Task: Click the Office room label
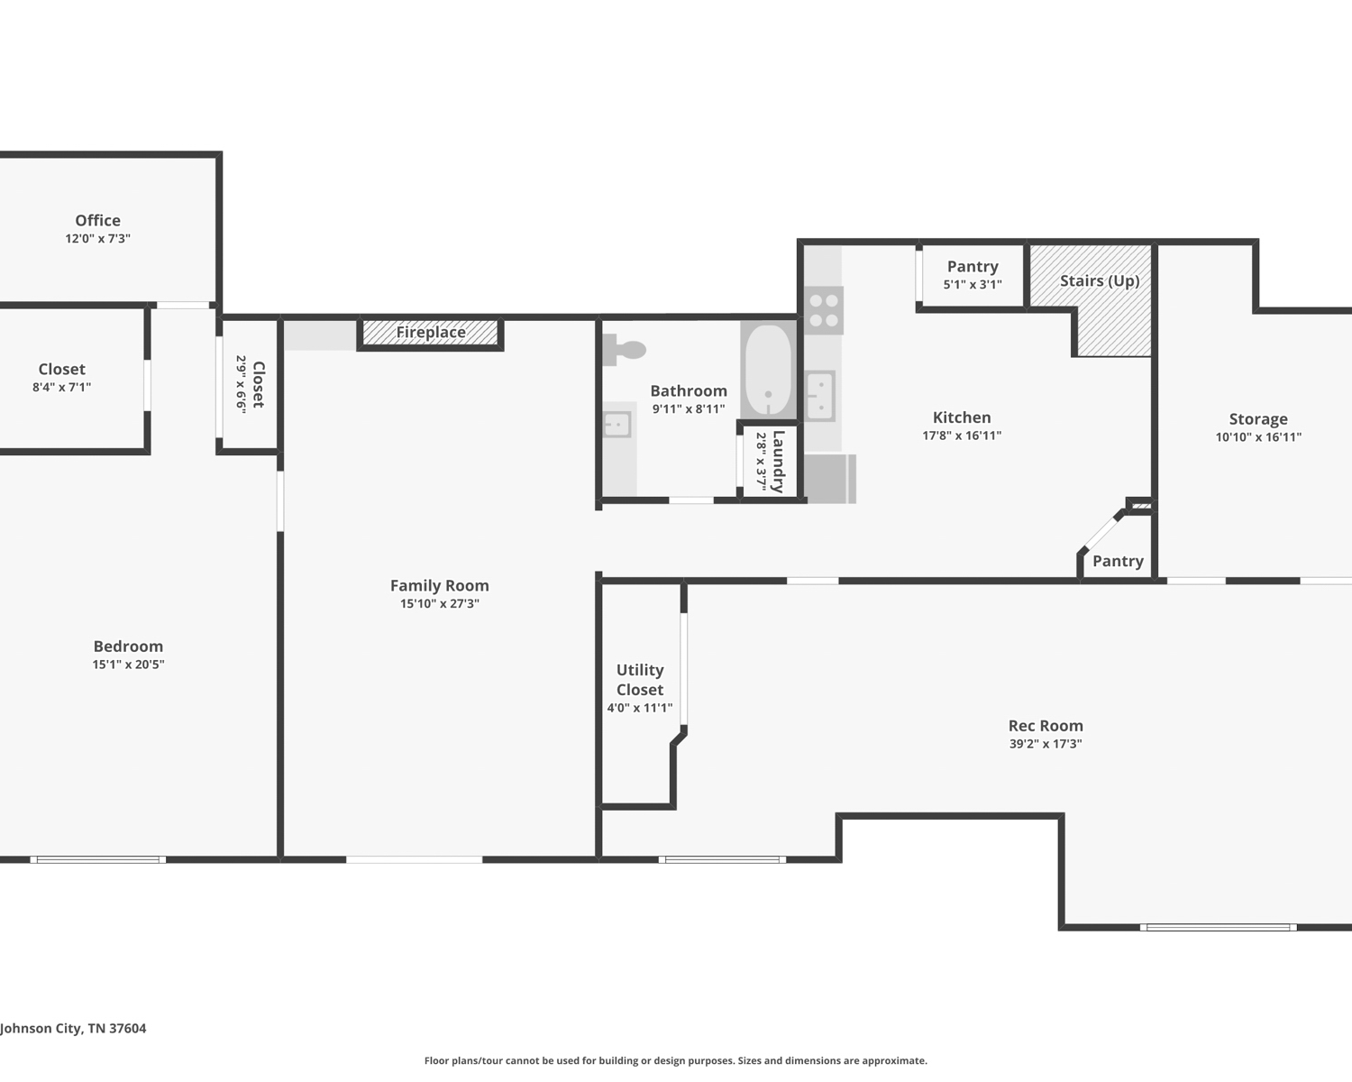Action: pyautogui.click(x=98, y=220)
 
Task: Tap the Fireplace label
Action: pyautogui.click(x=431, y=332)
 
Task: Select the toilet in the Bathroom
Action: pyautogui.click(x=624, y=350)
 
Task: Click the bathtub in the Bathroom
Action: pyautogui.click(x=768, y=370)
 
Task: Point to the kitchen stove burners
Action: pyautogui.click(x=824, y=310)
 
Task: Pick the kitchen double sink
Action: pyautogui.click(x=820, y=396)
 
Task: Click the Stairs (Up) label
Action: pyautogui.click(x=1100, y=281)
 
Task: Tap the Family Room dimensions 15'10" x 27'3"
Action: pyautogui.click(x=440, y=603)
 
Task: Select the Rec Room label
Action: pyautogui.click(x=1046, y=726)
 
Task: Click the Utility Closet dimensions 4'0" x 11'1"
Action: pyautogui.click(x=640, y=708)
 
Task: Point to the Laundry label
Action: pyautogui.click(x=779, y=462)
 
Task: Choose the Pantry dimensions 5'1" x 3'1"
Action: pyautogui.click(x=973, y=284)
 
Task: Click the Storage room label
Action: pyautogui.click(x=1258, y=418)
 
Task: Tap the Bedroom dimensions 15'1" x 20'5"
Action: pyautogui.click(x=128, y=665)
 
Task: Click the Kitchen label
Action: pyautogui.click(x=962, y=417)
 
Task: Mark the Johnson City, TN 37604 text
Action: pyautogui.click(x=73, y=1029)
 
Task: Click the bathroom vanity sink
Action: pyautogui.click(x=617, y=425)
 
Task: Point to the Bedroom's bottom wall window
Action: pyautogui.click(x=98, y=859)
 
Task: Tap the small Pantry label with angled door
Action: pyautogui.click(x=1118, y=561)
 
